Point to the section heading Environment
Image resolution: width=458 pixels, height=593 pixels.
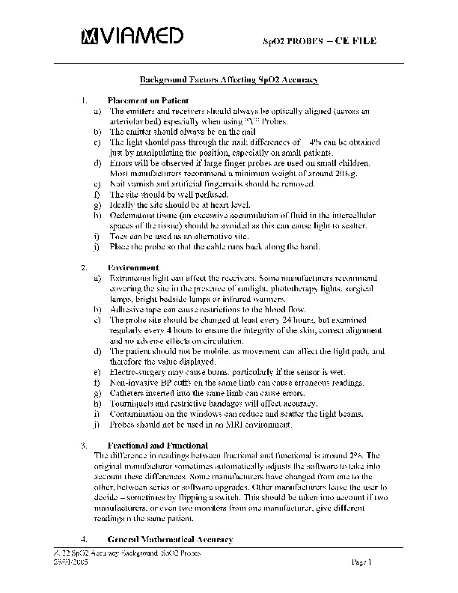coord(133,267)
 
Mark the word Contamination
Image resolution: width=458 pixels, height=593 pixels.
coord(135,414)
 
